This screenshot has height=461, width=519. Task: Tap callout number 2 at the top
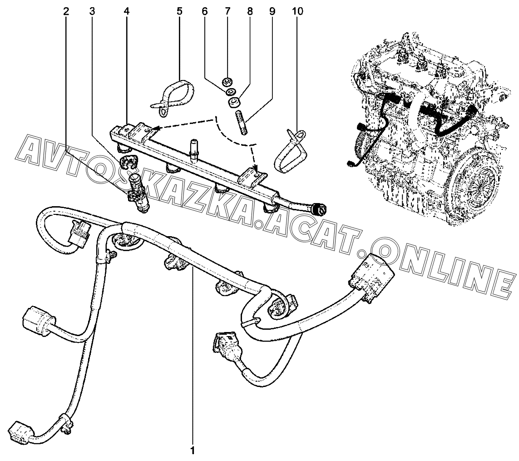click(66, 12)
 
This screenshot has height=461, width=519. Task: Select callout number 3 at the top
click(92, 12)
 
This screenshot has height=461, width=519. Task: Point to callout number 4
click(127, 12)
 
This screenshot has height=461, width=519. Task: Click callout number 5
click(179, 12)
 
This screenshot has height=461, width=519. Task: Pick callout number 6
click(204, 12)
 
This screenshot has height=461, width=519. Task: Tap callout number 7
click(227, 12)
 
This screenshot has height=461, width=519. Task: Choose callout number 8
click(250, 12)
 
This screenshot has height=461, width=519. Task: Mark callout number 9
click(272, 12)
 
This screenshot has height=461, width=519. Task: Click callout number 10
click(297, 12)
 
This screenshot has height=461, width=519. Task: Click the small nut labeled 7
click(227, 81)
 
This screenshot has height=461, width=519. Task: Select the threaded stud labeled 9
click(242, 123)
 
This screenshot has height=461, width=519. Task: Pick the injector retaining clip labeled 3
click(126, 161)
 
